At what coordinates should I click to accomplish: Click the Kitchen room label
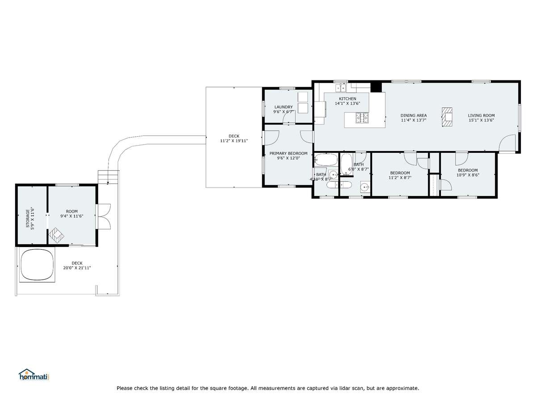tap(347, 99)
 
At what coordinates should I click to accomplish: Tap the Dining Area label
tap(414, 115)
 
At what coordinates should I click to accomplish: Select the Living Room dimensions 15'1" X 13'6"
tap(481, 120)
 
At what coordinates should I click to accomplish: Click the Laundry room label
tap(283, 107)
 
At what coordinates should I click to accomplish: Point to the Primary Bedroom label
tap(288, 153)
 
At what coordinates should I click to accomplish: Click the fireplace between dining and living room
tap(447, 117)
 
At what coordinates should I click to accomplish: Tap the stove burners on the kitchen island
tap(362, 117)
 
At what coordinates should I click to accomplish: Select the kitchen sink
tap(341, 88)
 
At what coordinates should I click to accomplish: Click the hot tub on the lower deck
tap(37, 264)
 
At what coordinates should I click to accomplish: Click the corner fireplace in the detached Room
tap(56, 235)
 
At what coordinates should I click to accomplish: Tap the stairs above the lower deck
tap(109, 177)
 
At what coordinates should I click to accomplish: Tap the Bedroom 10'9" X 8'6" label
tap(468, 172)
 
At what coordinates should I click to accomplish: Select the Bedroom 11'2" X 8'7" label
tap(400, 175)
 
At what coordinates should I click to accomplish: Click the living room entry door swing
tap(508, 143)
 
